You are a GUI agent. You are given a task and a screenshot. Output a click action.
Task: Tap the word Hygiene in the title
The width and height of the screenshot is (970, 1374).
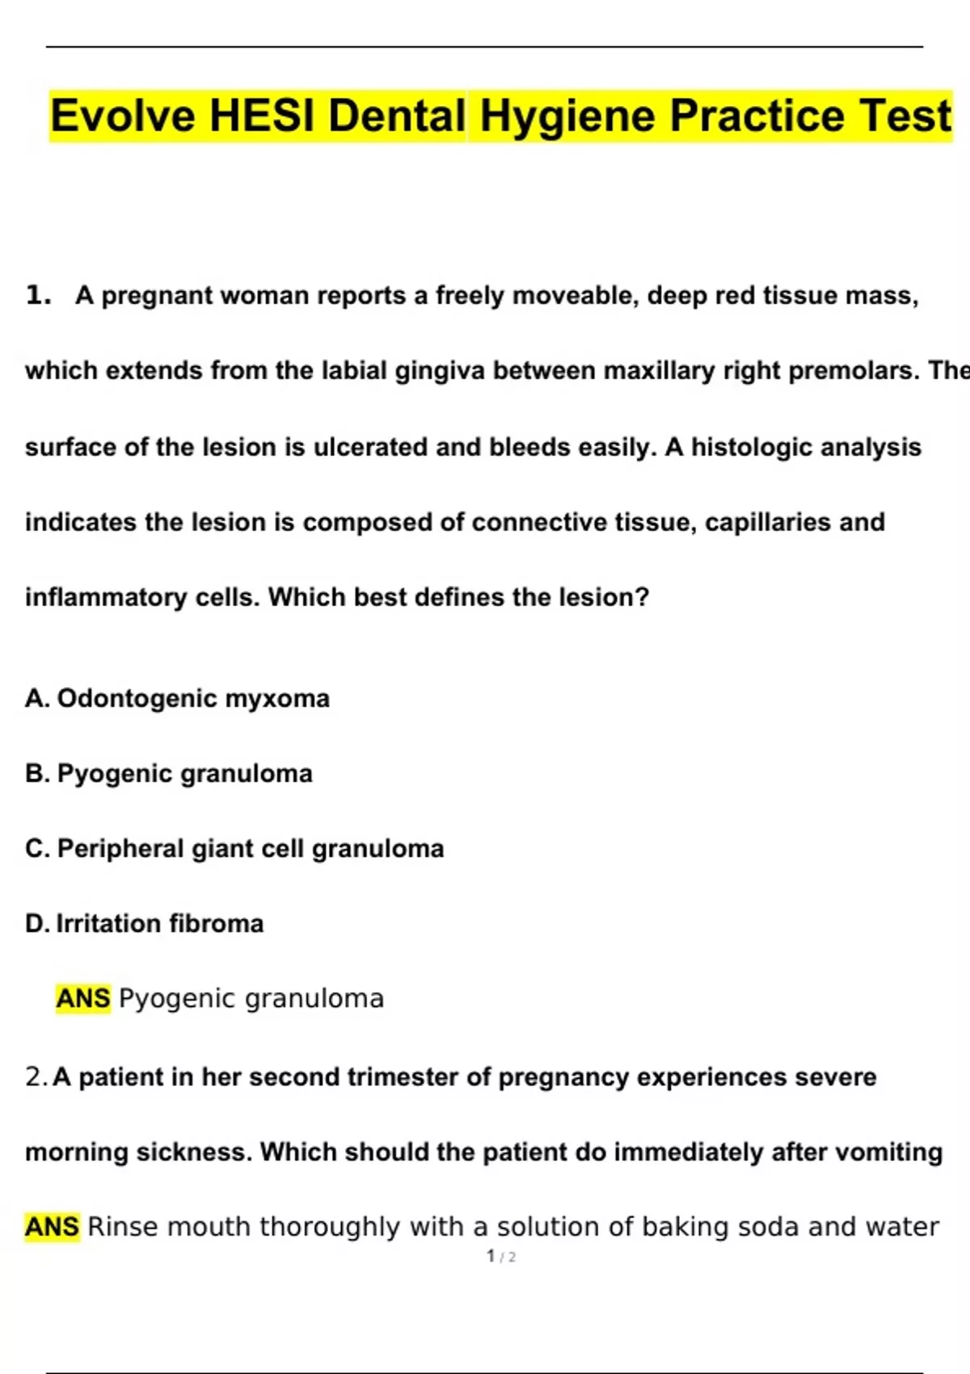[x=568, y=116]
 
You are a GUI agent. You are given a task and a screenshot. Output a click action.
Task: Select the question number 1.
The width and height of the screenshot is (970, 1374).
[x=37, y=296]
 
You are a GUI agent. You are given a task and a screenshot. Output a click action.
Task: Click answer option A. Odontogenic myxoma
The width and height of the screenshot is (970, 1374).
[x=177, y=698]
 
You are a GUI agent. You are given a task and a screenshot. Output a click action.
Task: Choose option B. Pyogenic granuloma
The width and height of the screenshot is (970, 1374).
[x=168, y=773]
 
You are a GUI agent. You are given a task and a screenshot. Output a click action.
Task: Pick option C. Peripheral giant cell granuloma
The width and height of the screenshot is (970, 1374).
[x=234, y=849]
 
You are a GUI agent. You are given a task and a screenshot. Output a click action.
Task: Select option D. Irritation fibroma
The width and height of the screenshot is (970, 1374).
[x=144, y=924]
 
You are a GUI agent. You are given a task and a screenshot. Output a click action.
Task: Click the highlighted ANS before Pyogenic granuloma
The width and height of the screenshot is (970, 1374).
[x=82, y=999]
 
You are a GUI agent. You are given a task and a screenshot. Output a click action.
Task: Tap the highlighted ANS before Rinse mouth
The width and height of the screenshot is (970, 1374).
[x=52, y=1227]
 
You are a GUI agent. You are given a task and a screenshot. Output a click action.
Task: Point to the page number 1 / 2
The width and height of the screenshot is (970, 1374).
[x=501, y=1257]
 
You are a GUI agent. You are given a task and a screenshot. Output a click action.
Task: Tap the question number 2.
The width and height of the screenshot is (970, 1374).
[x=36, y=1077]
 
